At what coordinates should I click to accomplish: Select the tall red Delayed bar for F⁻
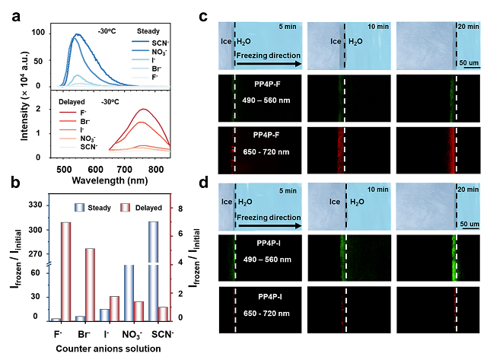[x=65, y=271]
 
